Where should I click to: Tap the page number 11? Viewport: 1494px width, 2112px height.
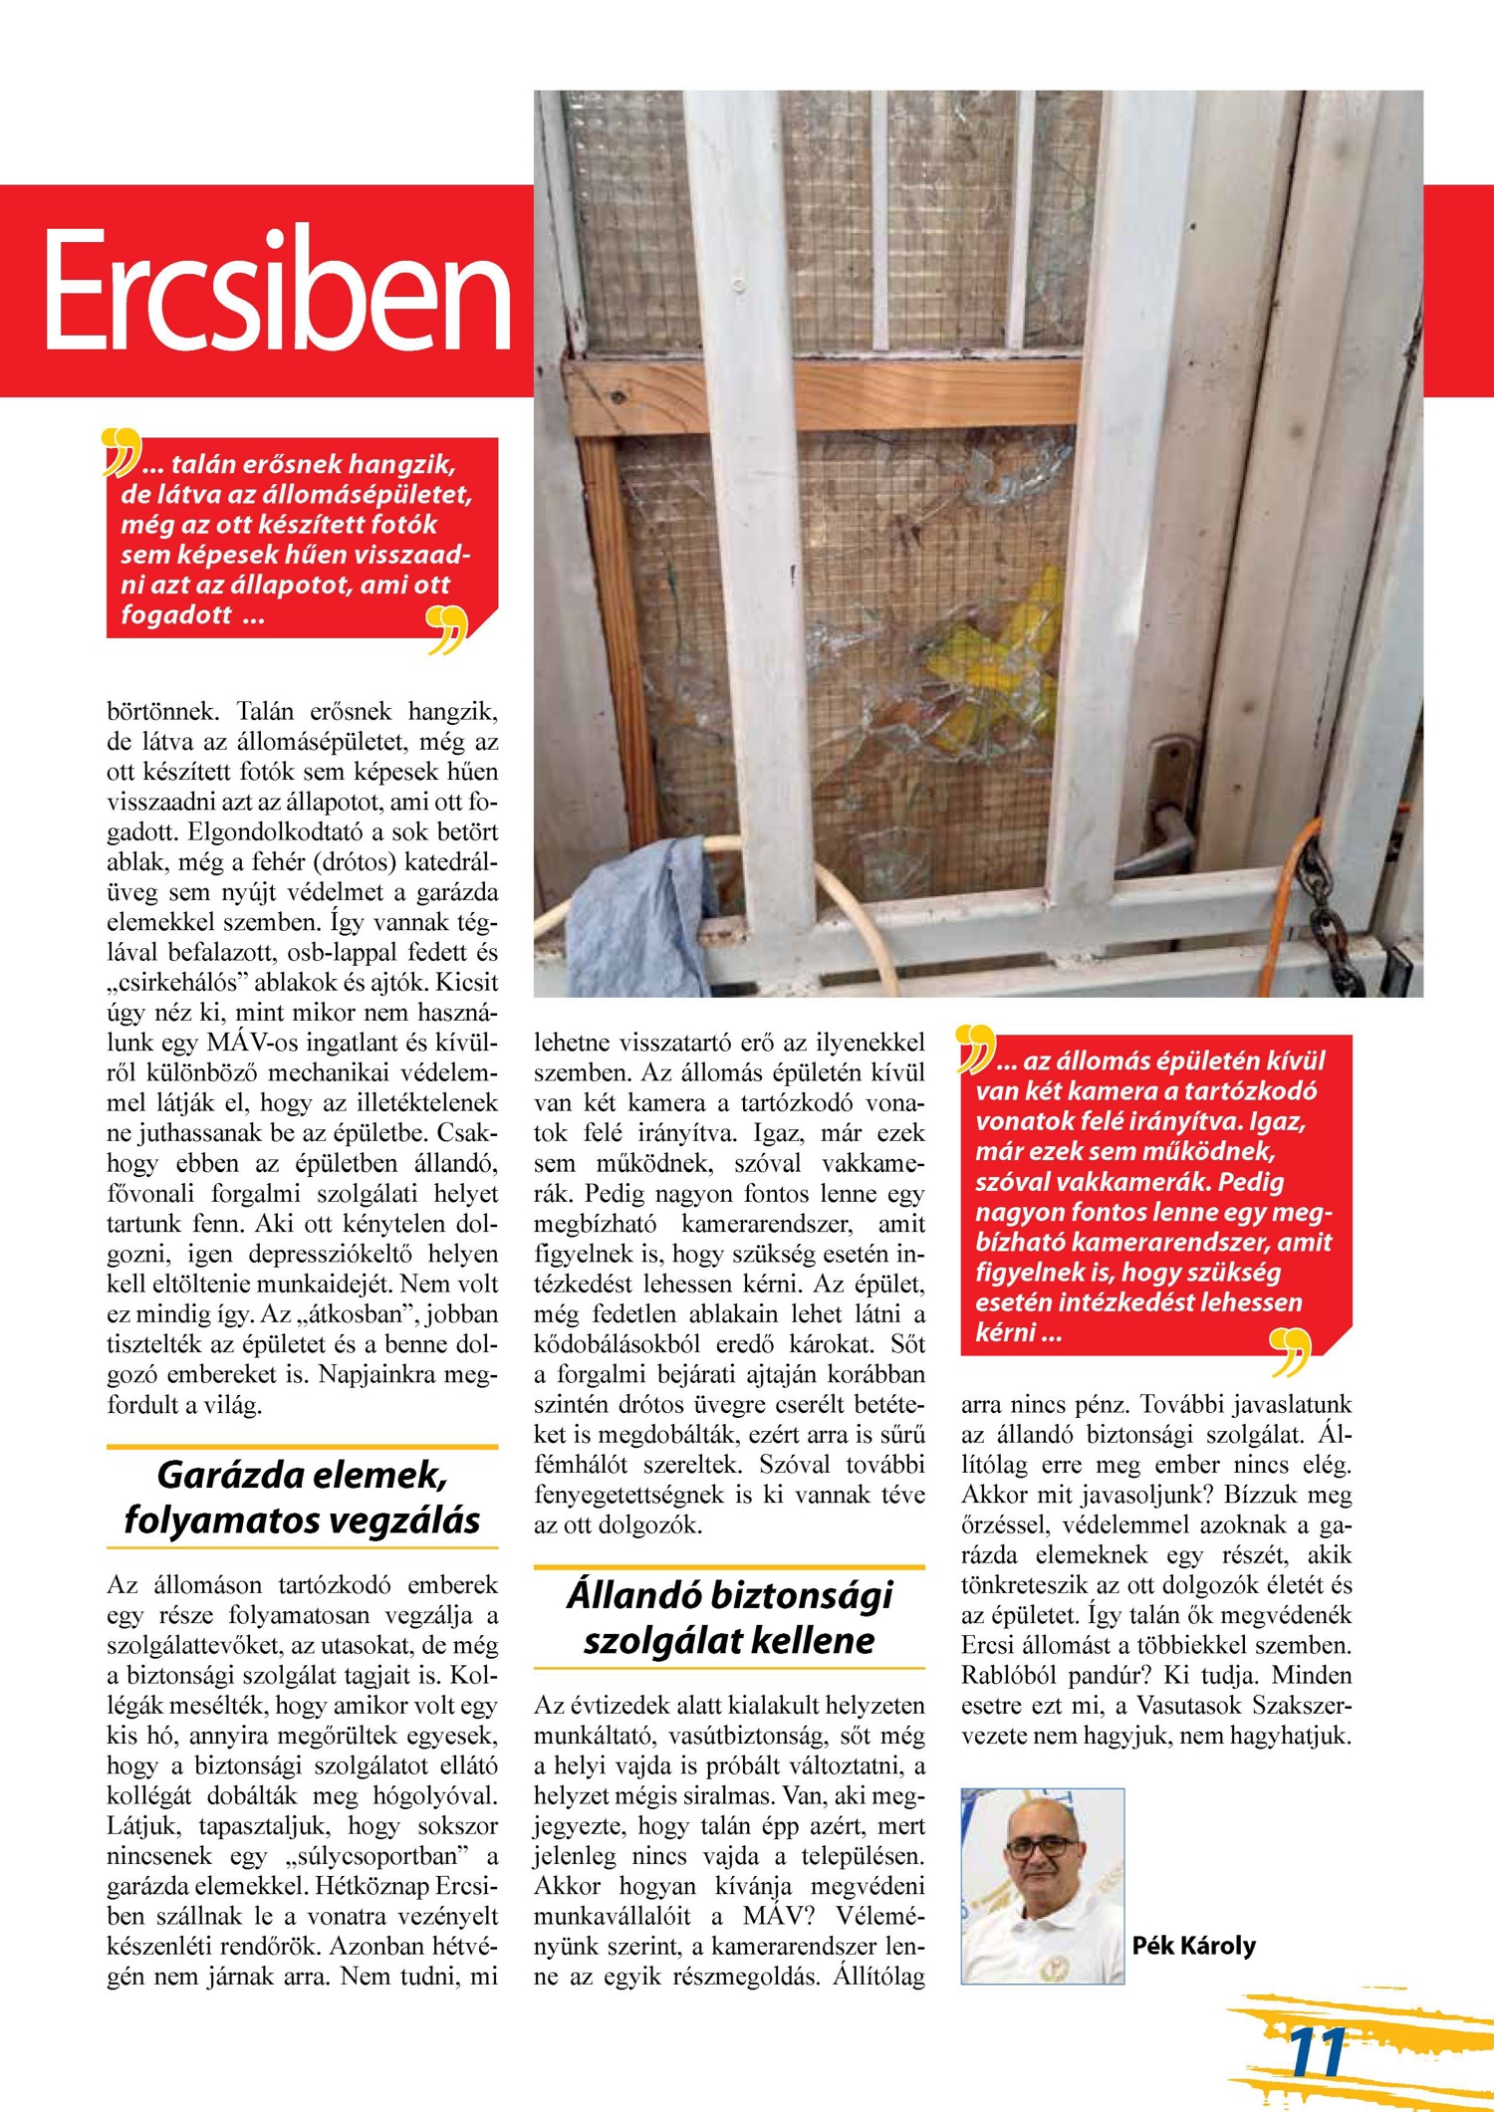click(1317, 2052)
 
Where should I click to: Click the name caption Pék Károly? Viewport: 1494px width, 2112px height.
click(1193, 1946)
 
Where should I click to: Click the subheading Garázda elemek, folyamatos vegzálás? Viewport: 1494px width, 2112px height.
click(302, 1498)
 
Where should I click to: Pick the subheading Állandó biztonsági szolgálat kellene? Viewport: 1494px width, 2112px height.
click(729, 1617)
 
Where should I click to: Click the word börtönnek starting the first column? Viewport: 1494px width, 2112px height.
click(162, 712)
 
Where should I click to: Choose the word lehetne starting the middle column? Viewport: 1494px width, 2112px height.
click(571, 1044)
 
